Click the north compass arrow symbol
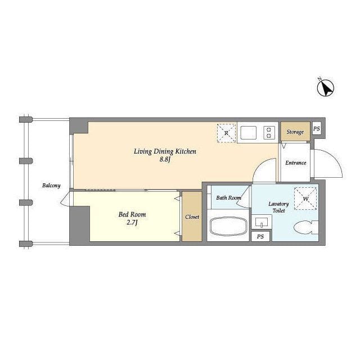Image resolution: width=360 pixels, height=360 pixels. pyautogui.click(x=326, y=87)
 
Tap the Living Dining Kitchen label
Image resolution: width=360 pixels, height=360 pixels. pyautogui.click(x=164, y=151)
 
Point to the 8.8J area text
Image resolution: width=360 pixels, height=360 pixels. pyautogui.click(x=164, y=160)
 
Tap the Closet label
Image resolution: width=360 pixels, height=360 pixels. pyautogui.click(x=192, y=217)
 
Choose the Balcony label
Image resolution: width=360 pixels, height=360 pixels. pyautogui.click(x=51, y=185)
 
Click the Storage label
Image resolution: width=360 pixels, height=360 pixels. pyautogui.click(x=295, y=132)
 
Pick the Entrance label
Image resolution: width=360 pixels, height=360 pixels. pyautogui.click(x=295, y=163)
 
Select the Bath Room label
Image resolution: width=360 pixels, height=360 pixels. pyautogui.click(x=228, y=197)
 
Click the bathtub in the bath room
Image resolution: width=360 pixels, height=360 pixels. pyautogui.click(x=228, y=228)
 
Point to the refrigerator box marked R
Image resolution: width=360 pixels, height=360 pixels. pyautogui.click(x=226, y=133)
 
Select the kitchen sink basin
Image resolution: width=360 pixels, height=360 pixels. pyautogui.click(x=248, y=133)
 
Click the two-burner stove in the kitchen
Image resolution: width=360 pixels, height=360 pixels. pyautogui.click(x=269, y=133)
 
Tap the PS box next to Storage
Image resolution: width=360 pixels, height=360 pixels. pyautogui.click(x=316, y=128)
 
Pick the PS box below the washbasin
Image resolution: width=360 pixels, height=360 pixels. pyautogui.click(x=260, y=237)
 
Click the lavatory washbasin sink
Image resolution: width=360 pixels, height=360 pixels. pyautogui.click(x=261, y=222)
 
